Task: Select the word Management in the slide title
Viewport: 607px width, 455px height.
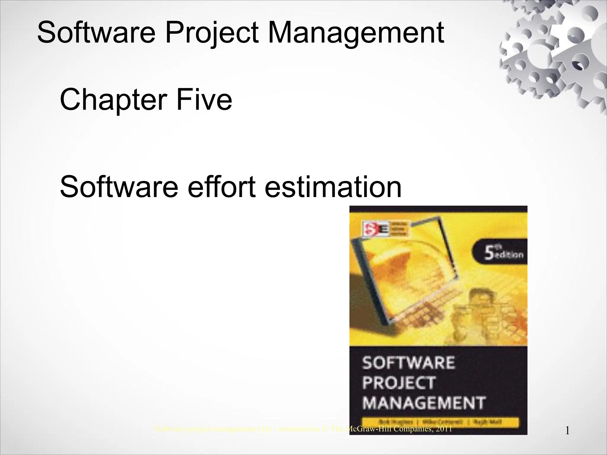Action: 356,33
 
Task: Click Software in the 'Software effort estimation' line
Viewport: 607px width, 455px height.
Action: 119,187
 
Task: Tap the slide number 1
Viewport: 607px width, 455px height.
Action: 567,431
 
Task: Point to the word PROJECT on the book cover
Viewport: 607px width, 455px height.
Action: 399,383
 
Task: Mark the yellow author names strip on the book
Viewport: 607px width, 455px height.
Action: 440,422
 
